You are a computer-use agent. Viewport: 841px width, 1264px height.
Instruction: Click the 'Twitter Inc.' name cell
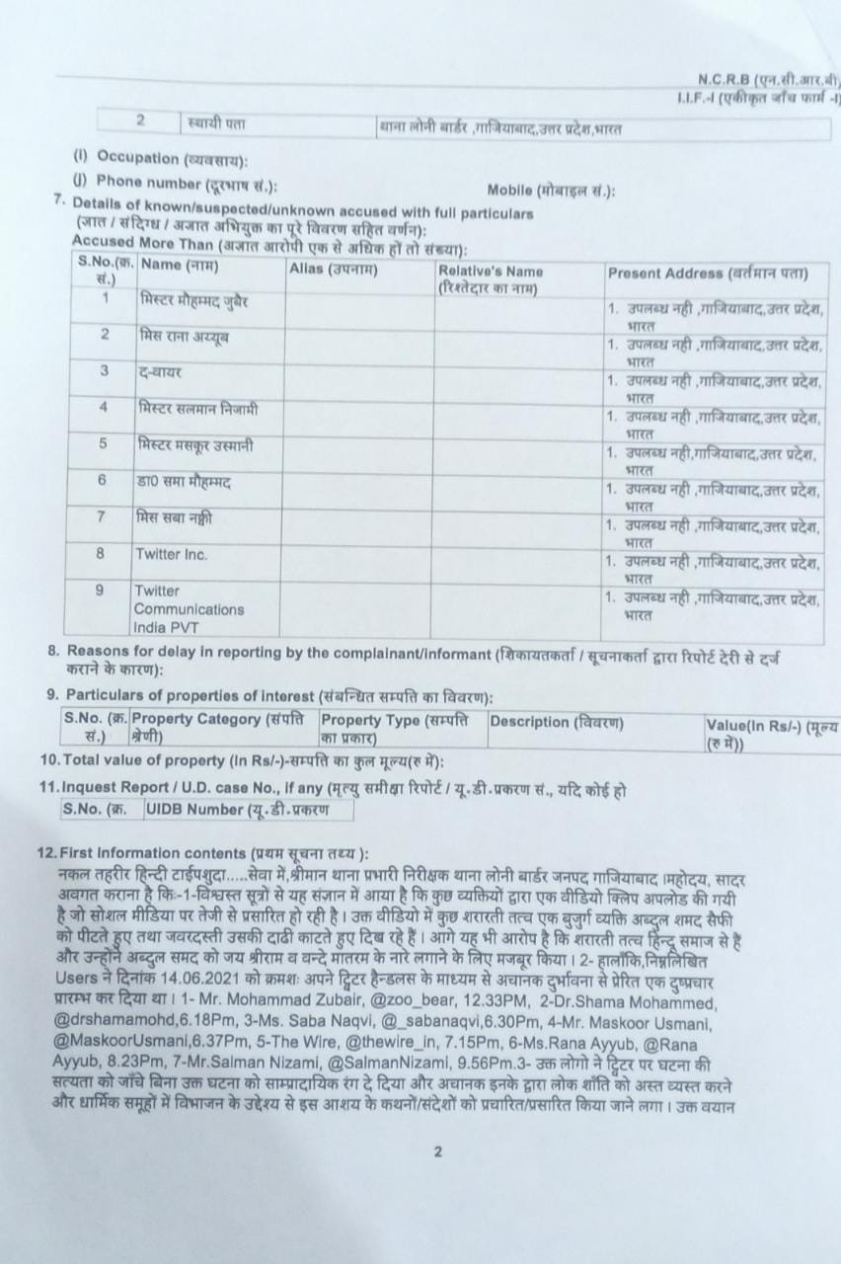tap(172, 555)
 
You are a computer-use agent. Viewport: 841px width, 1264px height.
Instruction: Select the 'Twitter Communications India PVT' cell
tap(189, 608)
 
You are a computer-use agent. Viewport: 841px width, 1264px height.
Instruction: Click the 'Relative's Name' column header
tap(491, 271)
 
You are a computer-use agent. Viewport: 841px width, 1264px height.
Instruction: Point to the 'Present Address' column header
tap(708, 273)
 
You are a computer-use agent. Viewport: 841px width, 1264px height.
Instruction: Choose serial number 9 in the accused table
tap(100, 591)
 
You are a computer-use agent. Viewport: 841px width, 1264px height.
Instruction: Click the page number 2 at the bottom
tap(437, 1151)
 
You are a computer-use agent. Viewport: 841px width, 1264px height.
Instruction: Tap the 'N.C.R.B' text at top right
tap(724, 79)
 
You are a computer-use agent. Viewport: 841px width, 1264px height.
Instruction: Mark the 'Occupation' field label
tap(138, 158)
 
